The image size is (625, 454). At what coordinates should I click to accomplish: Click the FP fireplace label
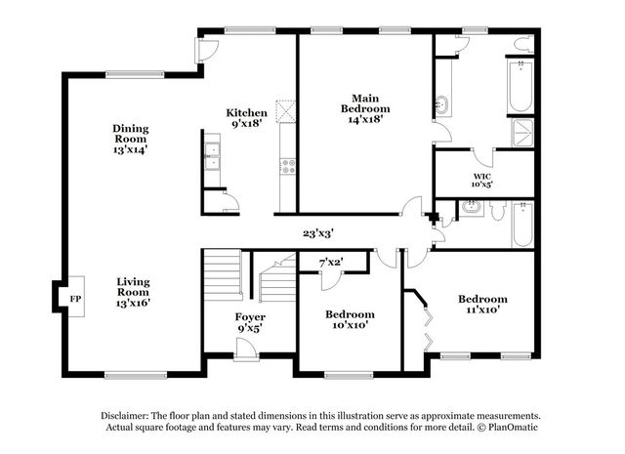[75, 299]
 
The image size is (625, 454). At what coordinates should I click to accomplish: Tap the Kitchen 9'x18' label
[247, 118]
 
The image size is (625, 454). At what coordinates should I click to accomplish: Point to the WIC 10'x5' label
[481, 181]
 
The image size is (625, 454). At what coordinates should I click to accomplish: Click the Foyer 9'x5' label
[250, 322]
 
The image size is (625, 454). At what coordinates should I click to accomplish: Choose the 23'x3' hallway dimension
[318, 233]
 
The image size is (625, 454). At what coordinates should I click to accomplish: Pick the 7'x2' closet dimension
[331, 263]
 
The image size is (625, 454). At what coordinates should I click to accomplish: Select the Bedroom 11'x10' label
[482, 304]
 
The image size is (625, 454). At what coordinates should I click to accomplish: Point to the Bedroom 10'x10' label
[350, 319]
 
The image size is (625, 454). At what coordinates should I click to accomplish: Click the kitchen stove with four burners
[288, 166]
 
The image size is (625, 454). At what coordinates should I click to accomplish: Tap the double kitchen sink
[212, 156]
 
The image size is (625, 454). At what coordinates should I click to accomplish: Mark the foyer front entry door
[246, 350]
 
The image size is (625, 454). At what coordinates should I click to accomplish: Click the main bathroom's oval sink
[441, 105]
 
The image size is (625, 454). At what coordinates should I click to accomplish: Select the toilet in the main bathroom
[524, 44]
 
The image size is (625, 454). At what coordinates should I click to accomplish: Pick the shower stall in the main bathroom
[522, 133]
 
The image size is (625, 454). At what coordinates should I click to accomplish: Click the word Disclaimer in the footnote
[125, 416]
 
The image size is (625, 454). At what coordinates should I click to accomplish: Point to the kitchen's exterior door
[206, 50]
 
